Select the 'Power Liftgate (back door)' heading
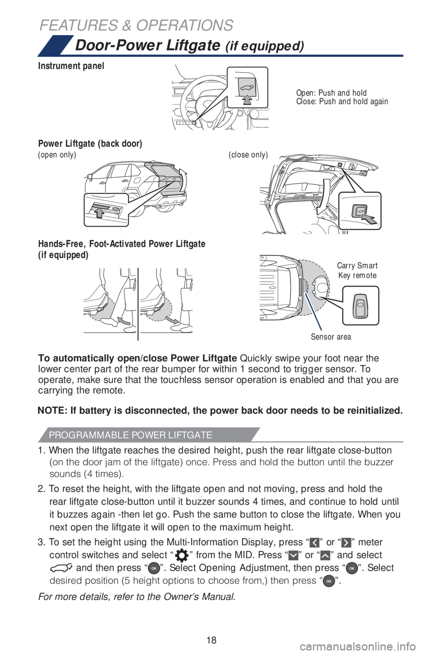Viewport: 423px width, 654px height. [90, 144]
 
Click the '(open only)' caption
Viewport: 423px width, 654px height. [57, 155]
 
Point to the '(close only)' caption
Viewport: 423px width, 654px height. [248, 155]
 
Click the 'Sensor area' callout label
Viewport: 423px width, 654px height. [330, 337]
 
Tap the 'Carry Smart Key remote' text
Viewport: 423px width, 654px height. [357, 270]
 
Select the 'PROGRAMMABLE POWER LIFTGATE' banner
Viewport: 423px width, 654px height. [131, 435]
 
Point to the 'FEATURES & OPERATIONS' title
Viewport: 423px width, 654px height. [136, 26]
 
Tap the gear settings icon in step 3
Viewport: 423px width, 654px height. [181, 556]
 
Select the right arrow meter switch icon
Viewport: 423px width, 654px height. [346, 542]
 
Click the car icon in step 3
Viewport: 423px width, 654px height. [61, 568]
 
